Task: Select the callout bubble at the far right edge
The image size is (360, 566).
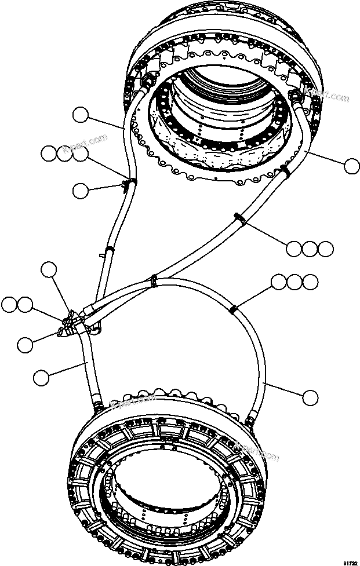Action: [351, 166]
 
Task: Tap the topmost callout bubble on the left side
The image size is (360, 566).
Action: [80, 116]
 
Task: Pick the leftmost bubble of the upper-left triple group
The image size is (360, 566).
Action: [49, 154]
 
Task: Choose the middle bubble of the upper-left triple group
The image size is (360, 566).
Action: [64, 154]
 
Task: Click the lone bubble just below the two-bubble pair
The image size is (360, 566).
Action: [25, 345]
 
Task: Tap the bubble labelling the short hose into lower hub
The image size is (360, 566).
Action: [41, 378]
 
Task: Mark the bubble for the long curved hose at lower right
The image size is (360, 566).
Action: [311, 397]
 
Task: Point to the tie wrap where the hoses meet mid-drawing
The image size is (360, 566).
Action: [153, 280]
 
